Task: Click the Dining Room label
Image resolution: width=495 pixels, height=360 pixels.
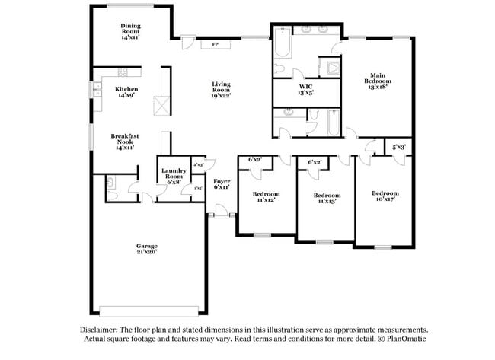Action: (x=130, y=30)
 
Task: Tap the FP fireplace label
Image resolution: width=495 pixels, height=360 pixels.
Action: (x=216, y=44)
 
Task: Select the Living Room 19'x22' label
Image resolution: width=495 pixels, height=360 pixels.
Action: (x=222, y=90)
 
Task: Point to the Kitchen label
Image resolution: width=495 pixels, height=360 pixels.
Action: (x=126, y=92)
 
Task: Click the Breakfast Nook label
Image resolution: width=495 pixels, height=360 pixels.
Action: (x=123, y=142)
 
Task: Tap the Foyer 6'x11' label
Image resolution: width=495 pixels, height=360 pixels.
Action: (x=222, y=183)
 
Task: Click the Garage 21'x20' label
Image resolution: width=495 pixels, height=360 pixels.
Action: (x=147, y=249)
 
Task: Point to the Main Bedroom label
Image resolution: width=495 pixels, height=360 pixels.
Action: (x=378, y=81)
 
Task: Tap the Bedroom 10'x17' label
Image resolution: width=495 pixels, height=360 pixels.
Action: (x=385, y=196)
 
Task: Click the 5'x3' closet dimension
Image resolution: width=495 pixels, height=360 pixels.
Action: (x=399, y=146)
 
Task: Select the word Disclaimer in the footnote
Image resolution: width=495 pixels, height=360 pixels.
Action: (x=102, y=330)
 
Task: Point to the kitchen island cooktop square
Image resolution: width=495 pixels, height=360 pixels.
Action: (x=161, y=105)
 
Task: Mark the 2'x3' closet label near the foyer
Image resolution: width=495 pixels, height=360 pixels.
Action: (x=198, y=164)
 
